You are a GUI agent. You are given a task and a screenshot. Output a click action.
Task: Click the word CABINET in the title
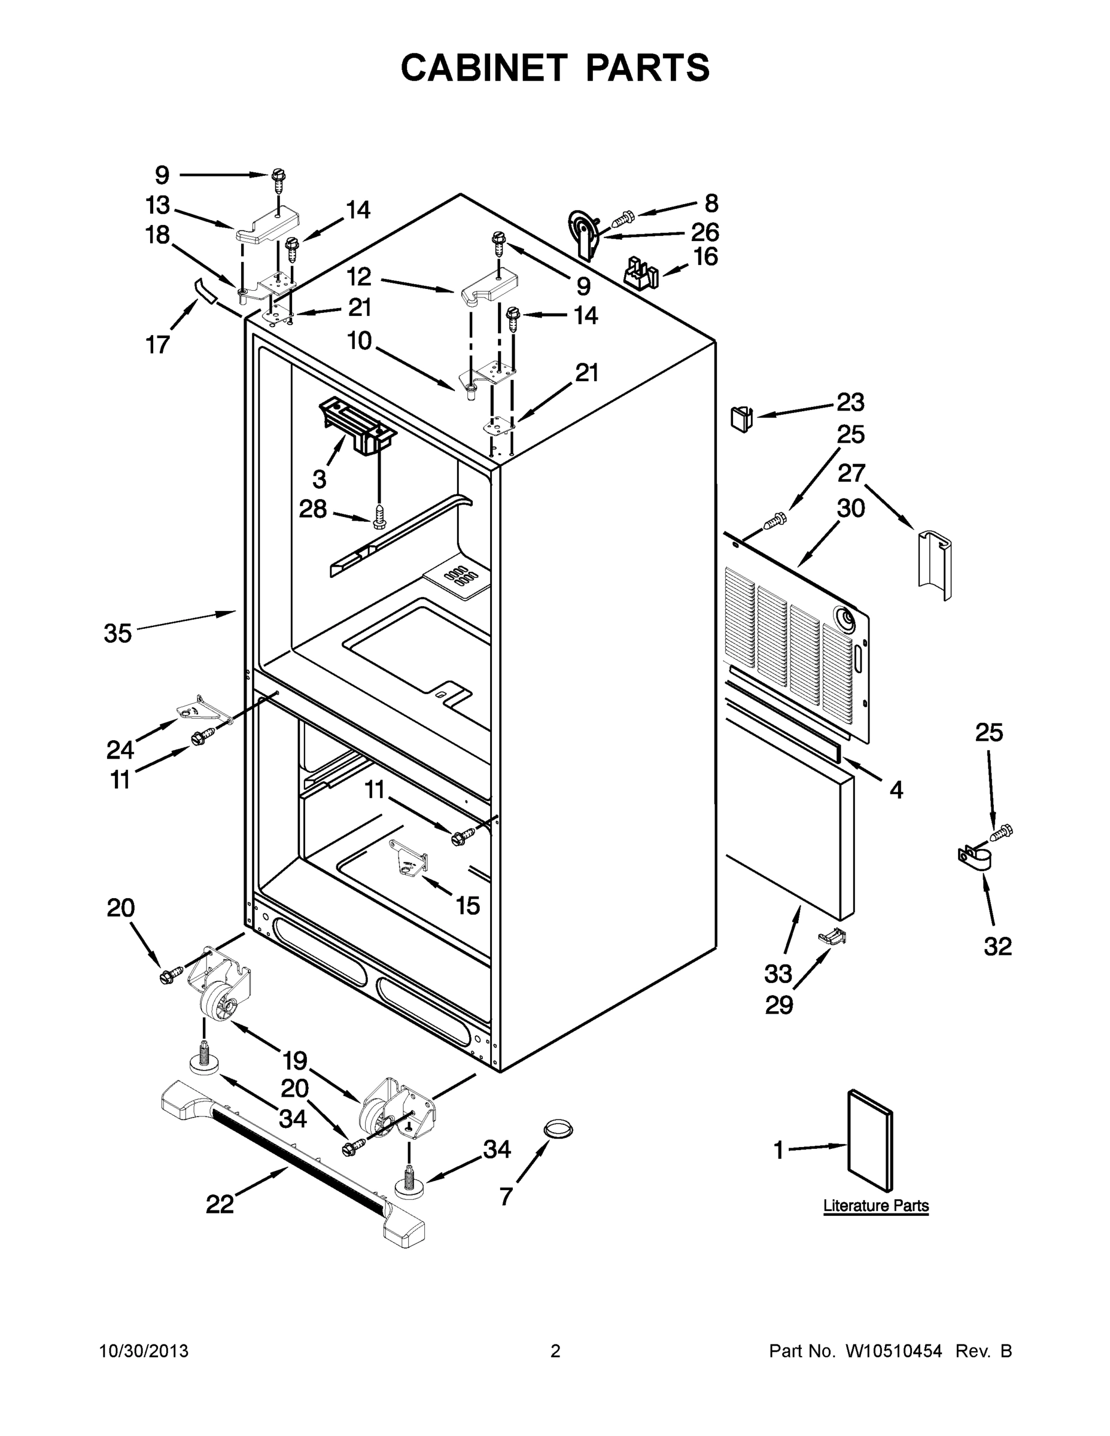coord(484,68)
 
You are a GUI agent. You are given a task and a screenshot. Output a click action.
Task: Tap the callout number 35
coord(118,634)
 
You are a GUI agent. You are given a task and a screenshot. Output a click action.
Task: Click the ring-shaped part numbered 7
coord(558,1129)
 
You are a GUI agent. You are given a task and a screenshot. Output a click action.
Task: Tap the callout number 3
coord(319,479)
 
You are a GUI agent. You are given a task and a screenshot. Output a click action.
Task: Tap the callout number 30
coord(850,508)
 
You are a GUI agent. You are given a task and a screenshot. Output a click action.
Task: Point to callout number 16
coord(705,257)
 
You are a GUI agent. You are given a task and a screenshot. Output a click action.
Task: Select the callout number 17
coord(158,344)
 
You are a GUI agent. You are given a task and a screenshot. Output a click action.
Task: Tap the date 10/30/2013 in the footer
coord(144,1350)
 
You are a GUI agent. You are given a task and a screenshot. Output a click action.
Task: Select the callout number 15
coord(467,905)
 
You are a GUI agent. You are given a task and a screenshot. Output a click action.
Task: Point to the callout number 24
coord(120,749)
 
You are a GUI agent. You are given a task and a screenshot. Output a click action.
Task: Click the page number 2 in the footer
coord(555,1350)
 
